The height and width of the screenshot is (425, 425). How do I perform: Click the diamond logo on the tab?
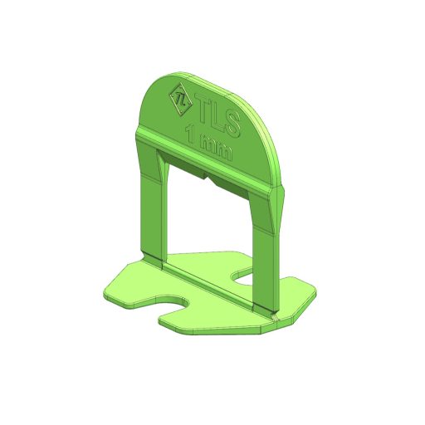[181, 100]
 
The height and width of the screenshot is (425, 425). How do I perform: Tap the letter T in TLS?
[203, 109]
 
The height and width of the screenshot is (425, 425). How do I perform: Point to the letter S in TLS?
[232, 124]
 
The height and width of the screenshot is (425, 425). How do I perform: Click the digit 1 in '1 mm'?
[190, 134]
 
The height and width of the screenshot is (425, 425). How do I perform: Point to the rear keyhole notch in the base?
[242, 276]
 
